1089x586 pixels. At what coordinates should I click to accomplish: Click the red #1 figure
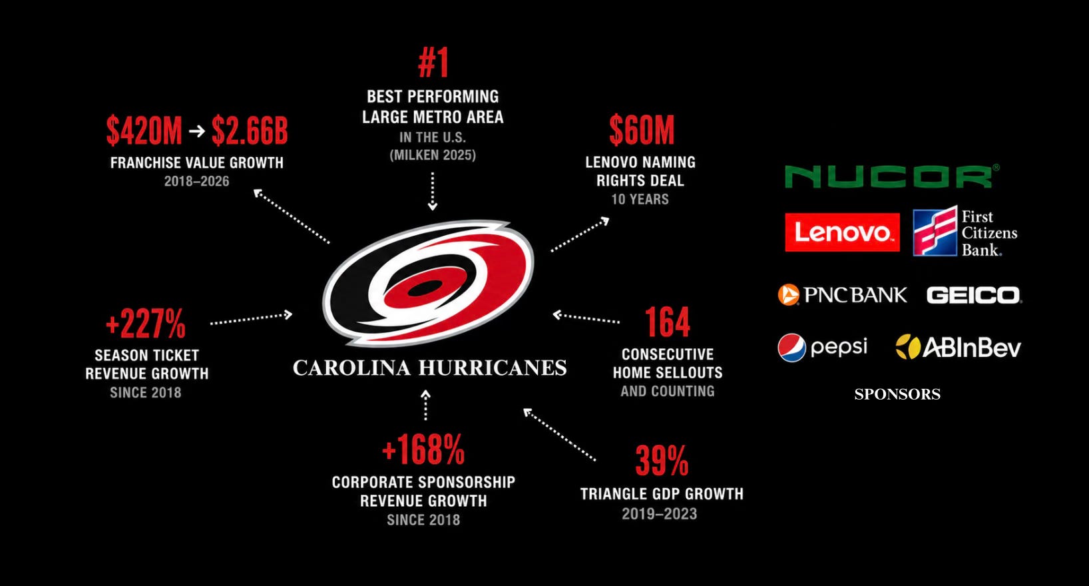pos(433,63)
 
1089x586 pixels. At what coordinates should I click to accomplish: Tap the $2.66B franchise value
pos(250,131)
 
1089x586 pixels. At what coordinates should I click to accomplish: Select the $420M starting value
pos(144,131)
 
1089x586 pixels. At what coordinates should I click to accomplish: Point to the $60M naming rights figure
pos(642,131)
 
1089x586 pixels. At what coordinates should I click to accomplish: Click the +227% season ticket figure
pos(145,323)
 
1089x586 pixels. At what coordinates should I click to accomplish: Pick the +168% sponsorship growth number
pos(423,450)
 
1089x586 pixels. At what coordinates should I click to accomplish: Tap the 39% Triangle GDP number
pos(662,461)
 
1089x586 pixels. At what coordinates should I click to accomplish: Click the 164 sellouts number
pos(667,322)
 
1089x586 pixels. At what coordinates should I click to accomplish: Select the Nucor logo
pos(892,176)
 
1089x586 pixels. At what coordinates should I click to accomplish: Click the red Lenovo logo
pos(842,232)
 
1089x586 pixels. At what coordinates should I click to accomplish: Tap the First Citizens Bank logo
pos(965,232)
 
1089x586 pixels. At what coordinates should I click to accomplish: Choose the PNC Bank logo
pos(842,295)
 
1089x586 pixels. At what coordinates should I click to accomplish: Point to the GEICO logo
pos(974,295)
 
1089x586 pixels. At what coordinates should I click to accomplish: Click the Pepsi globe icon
pos(791,348)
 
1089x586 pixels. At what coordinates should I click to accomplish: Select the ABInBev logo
pos(959,347)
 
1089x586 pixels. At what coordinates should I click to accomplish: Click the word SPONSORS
pos(897,394)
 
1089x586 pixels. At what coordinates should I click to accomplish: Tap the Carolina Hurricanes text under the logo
pos(430,368)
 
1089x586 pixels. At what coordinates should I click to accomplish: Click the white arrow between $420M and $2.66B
pos(197,131)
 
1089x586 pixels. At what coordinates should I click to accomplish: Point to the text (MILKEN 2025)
pos(433,155)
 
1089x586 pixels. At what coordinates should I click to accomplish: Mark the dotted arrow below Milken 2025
pos(432,192)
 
